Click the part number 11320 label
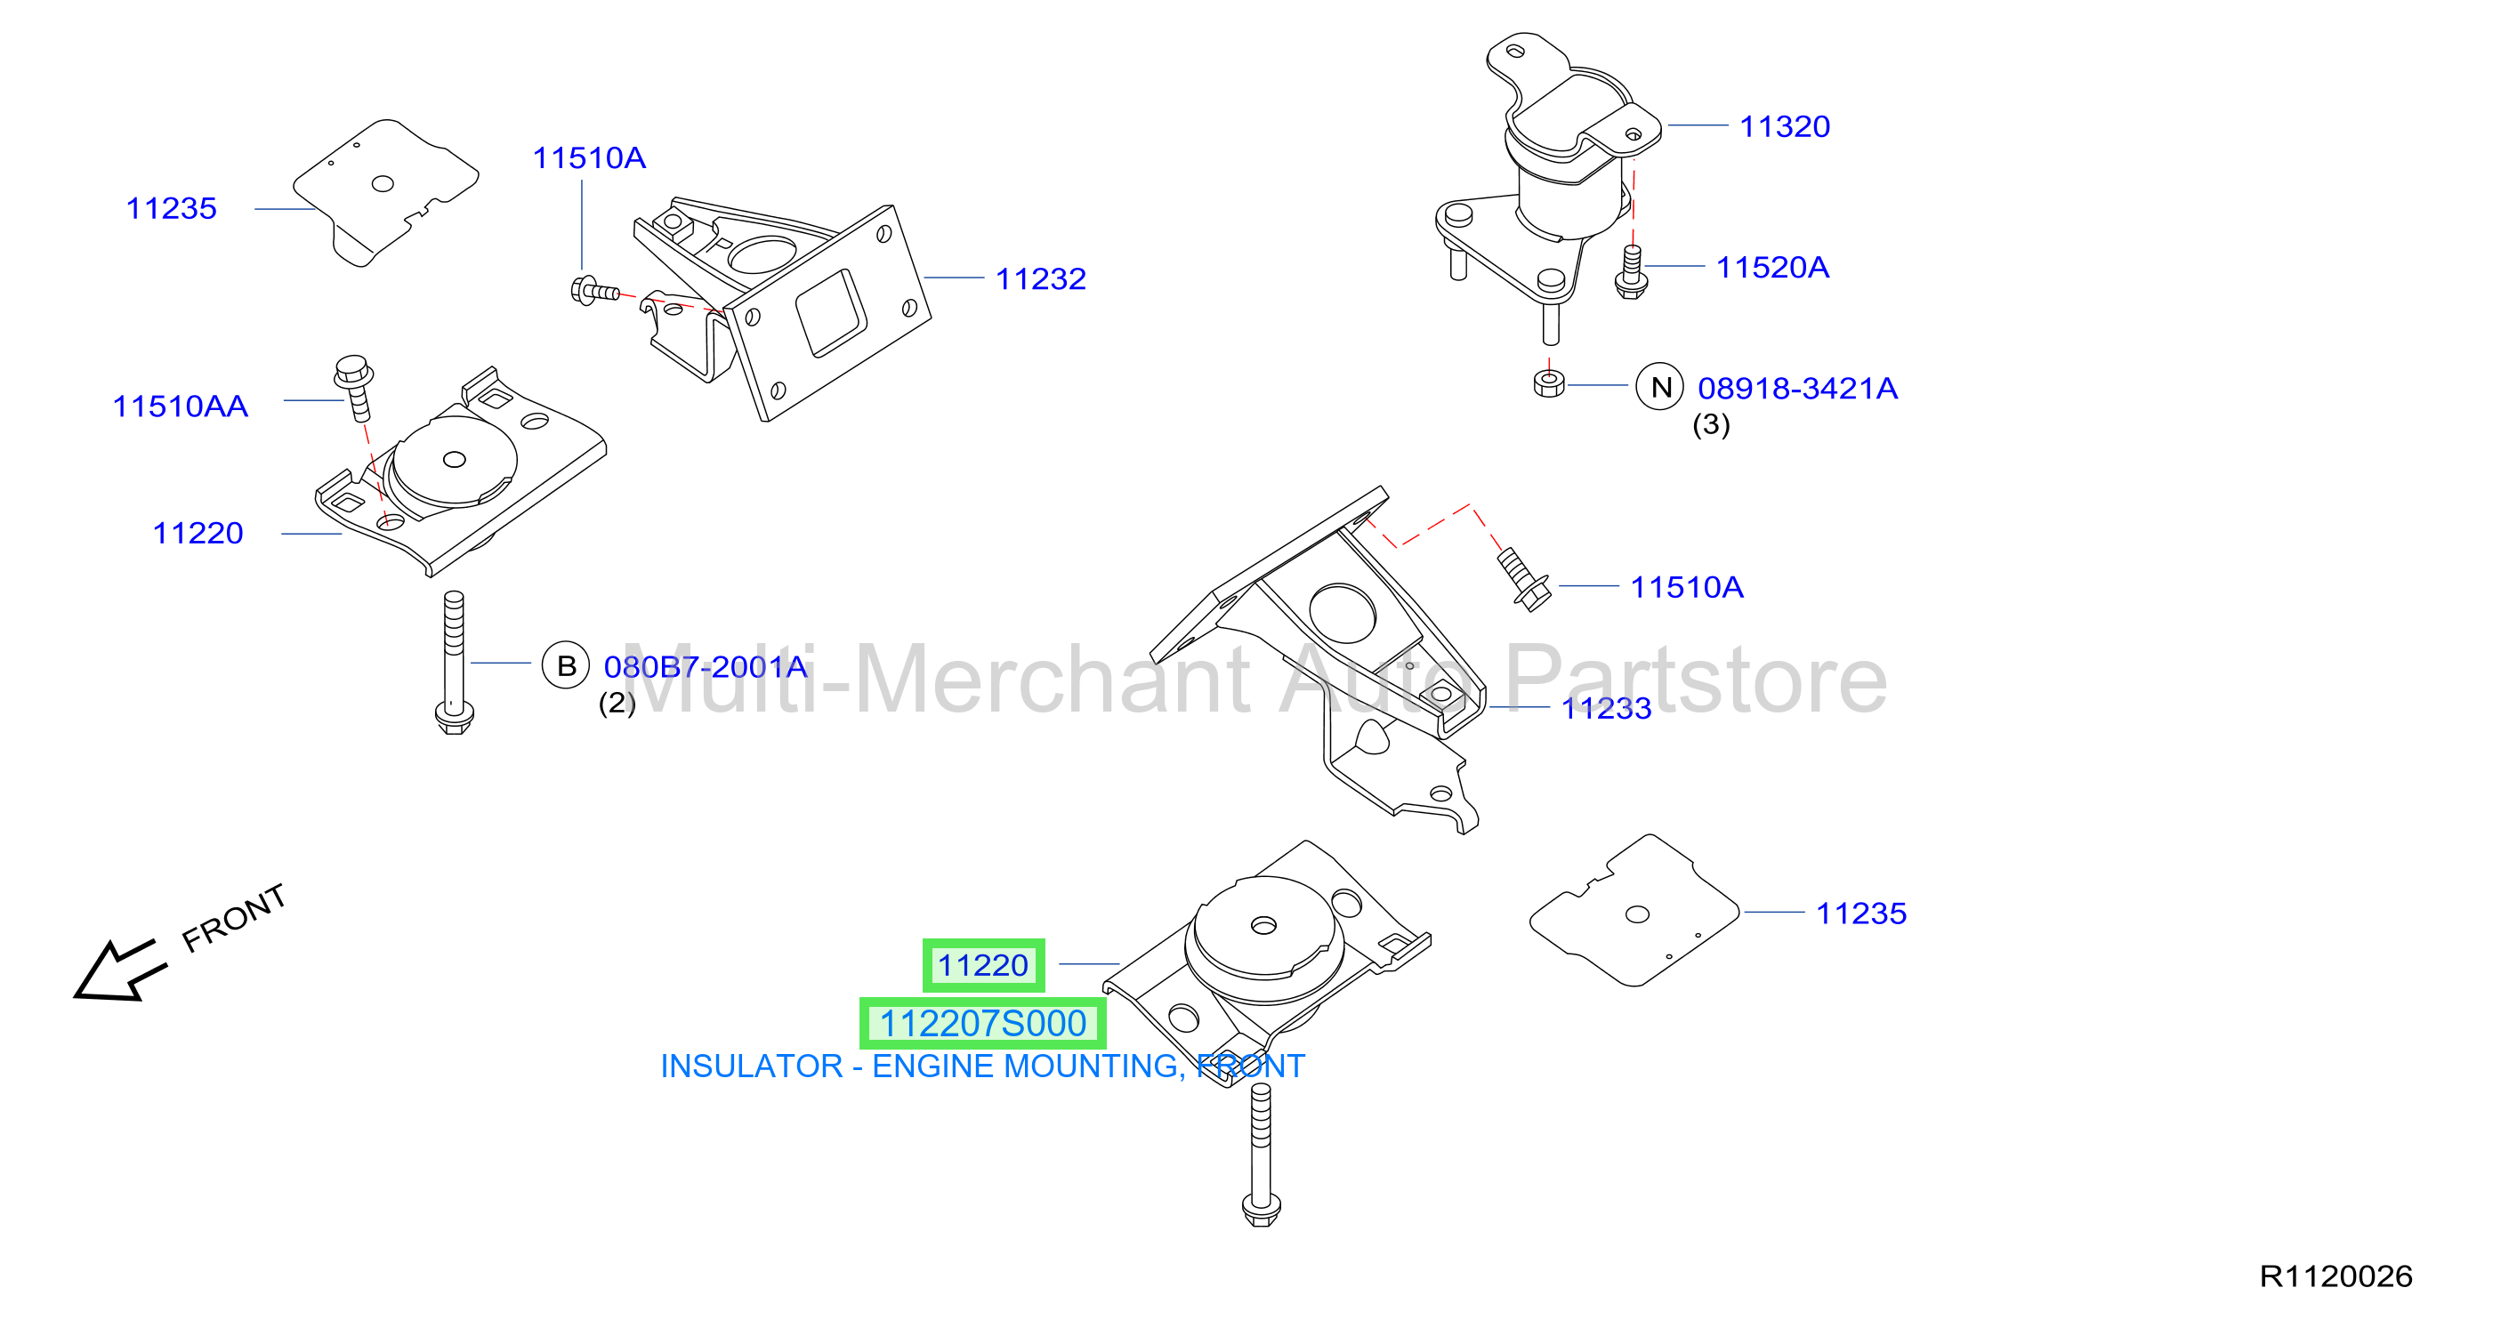click(1785, 126)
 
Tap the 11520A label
click(1771, 267)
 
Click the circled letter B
click(566, 666)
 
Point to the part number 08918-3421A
click(1797, 389)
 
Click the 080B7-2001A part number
click(706, 667)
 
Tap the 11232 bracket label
click(1040, 279)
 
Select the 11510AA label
click(181, 406)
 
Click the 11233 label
click(1606, 708)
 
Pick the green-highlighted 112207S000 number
click(983, 1023)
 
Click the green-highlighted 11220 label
click(984, 965)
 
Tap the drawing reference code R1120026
click(2336, 1276)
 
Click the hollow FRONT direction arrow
click(119, 970)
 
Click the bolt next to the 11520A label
click(1632, 272)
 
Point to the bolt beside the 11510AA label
click(354, 388)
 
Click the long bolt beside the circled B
click(454, 663)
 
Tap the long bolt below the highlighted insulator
click(1262, 1155)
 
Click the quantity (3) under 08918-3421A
click(1711, 424)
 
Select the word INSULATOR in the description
click(751, 1066)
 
